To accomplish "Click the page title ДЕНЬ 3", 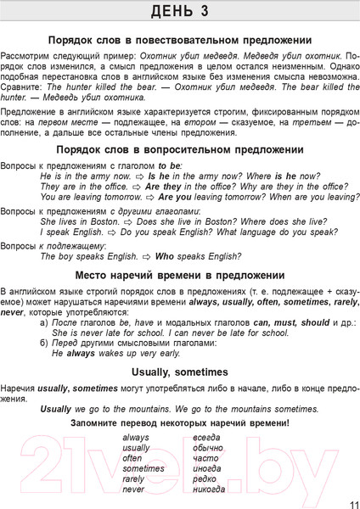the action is point(180,11).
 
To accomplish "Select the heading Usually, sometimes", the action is point(180,372).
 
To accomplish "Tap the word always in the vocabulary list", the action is point(136,438).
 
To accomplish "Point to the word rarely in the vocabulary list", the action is point(134,479).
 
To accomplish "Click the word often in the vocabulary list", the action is point(132,458).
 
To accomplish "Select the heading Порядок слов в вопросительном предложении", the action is point(180,149).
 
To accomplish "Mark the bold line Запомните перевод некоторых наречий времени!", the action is point(180,422).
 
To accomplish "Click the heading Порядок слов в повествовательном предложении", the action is point(180,40).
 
